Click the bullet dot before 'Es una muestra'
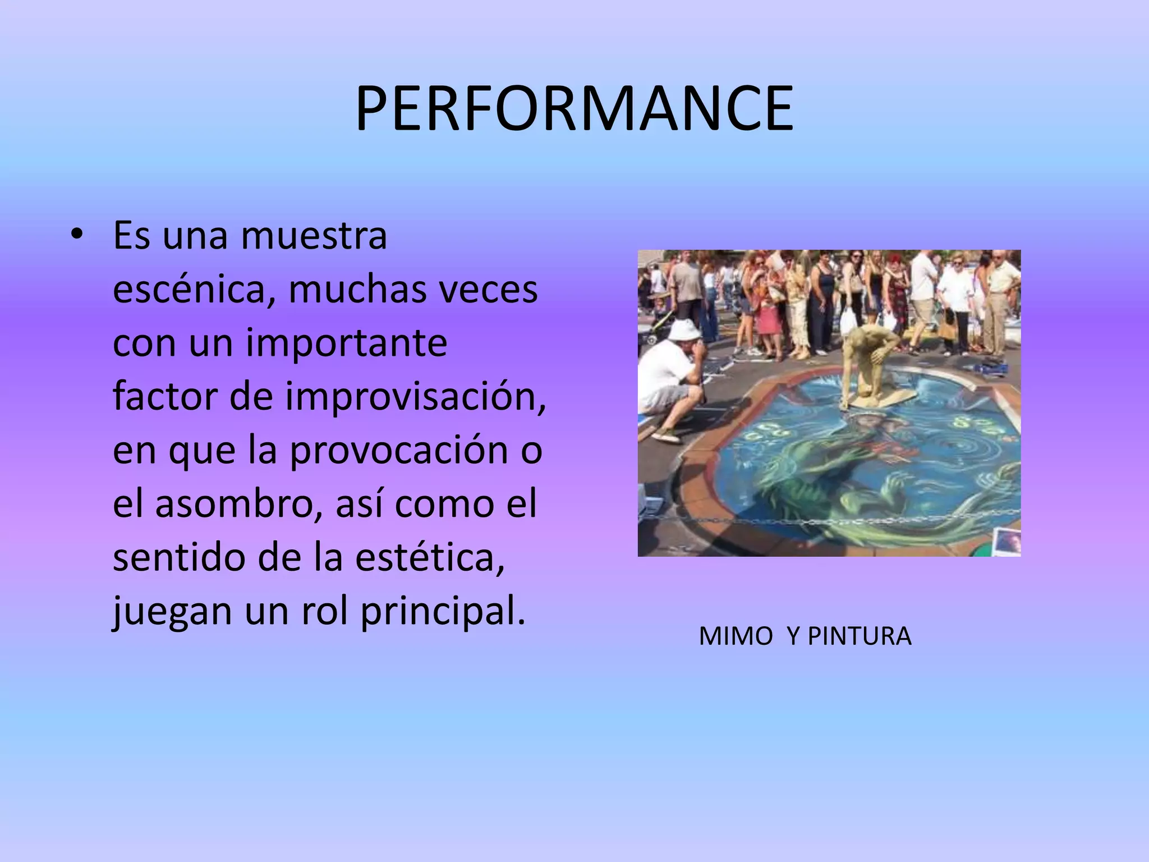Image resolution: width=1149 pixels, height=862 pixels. pyautogui.click(x=77, y=235)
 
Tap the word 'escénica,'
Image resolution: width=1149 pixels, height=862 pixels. pyautogui.click(x=192, y=290)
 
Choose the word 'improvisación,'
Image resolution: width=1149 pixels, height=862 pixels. pyautogui.click(x=415, y=397)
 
